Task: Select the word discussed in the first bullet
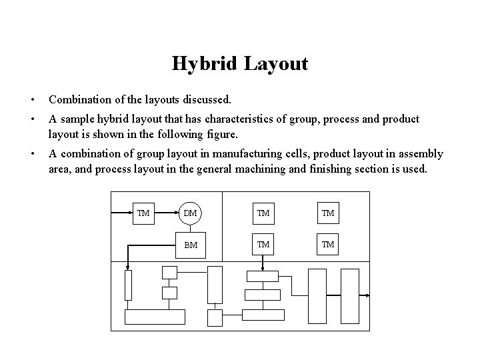click(205, 100)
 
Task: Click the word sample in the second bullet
click(76, 119)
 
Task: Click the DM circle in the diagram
click(190, 213)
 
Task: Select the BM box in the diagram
click(190, 245)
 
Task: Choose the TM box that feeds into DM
click(143, 213)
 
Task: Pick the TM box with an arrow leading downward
click(263, 245)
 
